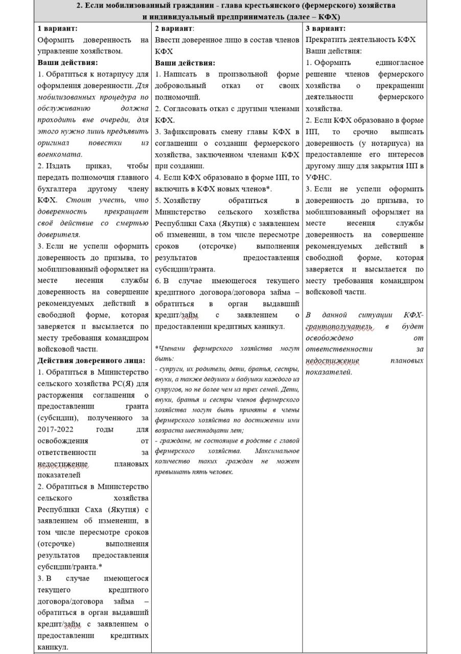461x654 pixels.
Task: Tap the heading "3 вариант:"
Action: (326, 29)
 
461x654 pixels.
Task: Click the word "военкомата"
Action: (59, 154)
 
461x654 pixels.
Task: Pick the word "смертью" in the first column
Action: (132, 223)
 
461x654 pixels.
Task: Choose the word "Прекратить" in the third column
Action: (326, 40)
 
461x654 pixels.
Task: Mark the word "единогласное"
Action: (399, 63)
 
